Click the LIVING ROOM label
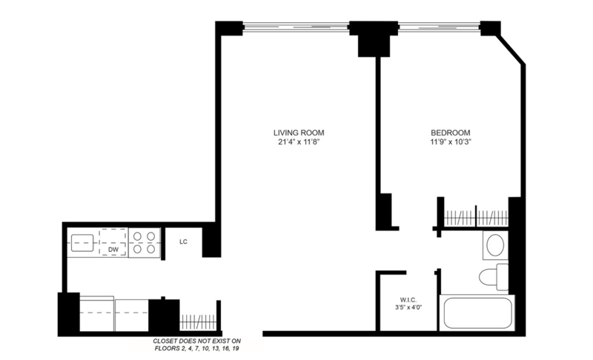point(299,133)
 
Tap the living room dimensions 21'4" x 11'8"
point(299,142)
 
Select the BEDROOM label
point(451,133)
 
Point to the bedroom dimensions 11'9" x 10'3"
point(451,142)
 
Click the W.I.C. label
point(408,300)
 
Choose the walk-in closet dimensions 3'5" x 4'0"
point(408,307)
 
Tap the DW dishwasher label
point(113,250)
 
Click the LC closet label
point(183,241)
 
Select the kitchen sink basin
point(82,243)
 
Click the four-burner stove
point(145,242)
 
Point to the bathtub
point(477,313)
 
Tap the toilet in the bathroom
point(494,277)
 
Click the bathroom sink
point(495,245)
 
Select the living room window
point(295,27)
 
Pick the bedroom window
point(439,27)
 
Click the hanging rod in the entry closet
point(198,321)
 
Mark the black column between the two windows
point(374,39)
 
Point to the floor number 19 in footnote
point(236,349)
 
